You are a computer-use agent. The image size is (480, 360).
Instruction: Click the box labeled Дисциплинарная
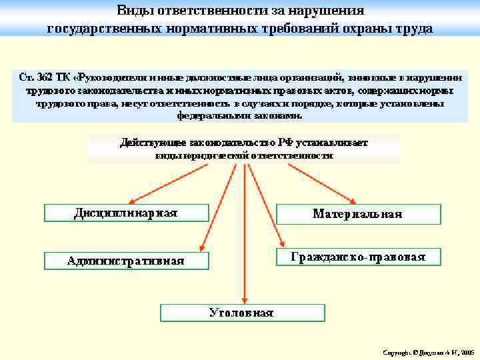[125, 213]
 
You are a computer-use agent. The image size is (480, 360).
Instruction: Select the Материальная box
[358, 214]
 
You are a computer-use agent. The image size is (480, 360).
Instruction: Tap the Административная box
[126, 261]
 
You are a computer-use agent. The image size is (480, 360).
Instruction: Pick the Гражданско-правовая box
[358, 257]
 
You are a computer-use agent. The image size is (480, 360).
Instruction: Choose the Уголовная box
[241, 313]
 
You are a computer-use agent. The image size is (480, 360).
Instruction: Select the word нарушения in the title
[331, 11]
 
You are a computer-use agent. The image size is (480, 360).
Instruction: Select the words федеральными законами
[239, 115]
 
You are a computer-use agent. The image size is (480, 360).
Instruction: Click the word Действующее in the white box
[153, 143]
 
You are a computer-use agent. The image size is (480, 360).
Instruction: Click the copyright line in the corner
[427, 351]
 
